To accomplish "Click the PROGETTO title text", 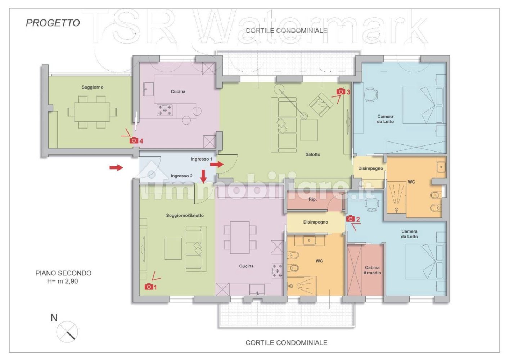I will [53, 23].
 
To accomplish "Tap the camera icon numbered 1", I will [149, 287].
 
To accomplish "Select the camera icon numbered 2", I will [350, 219].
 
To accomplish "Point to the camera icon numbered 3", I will [341, 91].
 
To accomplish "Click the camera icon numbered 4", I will [134, 140].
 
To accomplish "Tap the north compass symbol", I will [67, 332].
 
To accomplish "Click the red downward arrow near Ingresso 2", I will [203, 176].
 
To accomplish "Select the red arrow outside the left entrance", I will [116, 167].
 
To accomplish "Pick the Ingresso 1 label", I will [201, 159].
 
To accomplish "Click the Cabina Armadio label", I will [372, 270].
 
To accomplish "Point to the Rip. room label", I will [312, 199].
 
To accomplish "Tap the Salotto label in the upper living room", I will [312, 154].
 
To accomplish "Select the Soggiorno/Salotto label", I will [185, 215].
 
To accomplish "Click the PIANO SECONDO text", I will [63, 273].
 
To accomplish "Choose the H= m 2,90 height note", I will [62, 281].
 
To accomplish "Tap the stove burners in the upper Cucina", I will [165, 110].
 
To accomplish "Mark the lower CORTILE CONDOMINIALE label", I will [286, 343].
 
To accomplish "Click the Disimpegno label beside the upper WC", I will [370, 168].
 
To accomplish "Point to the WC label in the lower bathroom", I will [319, 261].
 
